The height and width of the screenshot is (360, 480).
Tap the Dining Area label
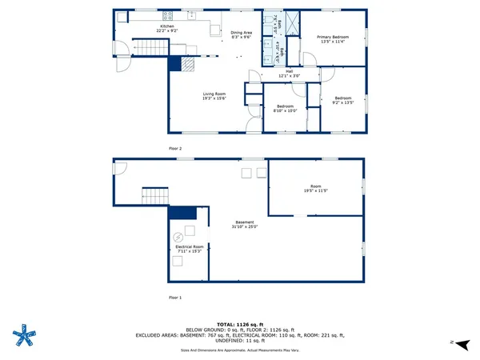[241, 34]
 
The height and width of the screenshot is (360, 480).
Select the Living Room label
[214, 96]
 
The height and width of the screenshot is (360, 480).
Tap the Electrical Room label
[189, 249]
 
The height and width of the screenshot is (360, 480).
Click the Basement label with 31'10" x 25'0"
[245, 224]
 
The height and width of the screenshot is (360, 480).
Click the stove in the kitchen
[169, 15]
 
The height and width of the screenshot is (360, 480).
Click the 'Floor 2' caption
[175, 149]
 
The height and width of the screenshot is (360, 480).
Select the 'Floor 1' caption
[175, 297]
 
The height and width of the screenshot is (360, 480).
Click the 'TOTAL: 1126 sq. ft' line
[240, 324]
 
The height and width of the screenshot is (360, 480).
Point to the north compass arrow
[452, 342]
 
